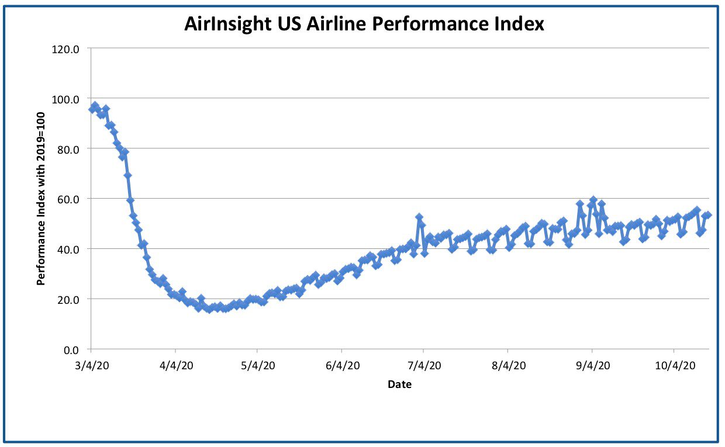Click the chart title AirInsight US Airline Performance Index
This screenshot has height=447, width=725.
[364, 23]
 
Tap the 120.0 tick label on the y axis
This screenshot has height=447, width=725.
[65, 50]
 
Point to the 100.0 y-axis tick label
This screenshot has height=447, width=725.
[65, 99]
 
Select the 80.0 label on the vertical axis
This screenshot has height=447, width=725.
[68, 150]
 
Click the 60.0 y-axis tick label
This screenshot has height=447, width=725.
[68, 200]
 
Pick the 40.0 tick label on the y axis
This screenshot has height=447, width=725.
[68, 250]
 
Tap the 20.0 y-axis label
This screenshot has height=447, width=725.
[68, 300]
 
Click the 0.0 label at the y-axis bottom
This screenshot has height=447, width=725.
[71, 350]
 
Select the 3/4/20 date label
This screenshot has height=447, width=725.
[92, 366]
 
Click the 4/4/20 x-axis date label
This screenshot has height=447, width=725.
[176, 366]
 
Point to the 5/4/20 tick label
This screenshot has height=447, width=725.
[258, 366]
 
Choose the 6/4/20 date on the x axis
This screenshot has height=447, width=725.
[343, 366]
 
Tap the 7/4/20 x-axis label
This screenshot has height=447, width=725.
[424, 366]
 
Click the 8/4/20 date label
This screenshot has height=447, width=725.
[509, 366]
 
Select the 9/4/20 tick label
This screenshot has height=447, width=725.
[593, 366]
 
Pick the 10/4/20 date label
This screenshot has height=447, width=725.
[675, 366]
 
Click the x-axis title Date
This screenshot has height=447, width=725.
[400, 384]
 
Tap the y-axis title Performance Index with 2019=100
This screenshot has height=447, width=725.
[41, 199]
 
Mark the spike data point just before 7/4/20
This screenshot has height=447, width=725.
[419, 217]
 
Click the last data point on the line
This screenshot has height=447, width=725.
[708, 215]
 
